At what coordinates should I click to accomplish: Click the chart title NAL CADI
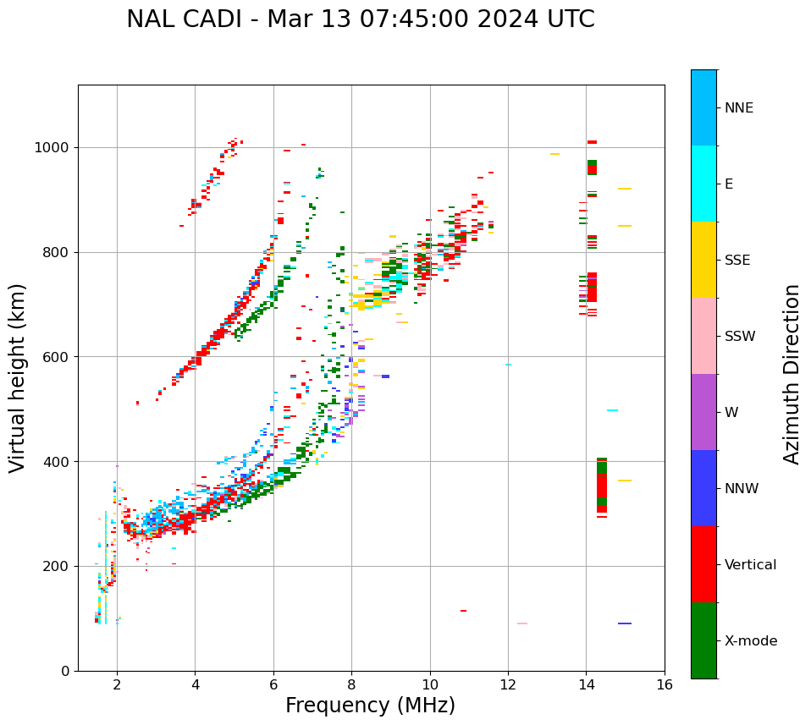[x=360, y=19]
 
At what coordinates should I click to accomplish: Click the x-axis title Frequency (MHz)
[x=370, y=706]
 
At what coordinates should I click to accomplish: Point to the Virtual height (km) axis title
[x=18, y=377]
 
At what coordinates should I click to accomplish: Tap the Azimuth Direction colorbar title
[x=792, y=374]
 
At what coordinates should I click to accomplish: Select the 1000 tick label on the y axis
[x=52, y=147]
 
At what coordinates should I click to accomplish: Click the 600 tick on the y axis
[x=56, y=357]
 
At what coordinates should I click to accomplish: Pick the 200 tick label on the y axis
[x=56, y=566]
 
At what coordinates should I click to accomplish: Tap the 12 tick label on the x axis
[x=508, y=684]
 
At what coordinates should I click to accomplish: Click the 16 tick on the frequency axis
[x=665, y=684]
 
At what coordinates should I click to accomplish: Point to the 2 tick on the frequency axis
[x=117, y=684]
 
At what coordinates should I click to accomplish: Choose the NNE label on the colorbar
[x=738, y=108]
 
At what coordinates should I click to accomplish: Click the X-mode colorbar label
[x=750, y=641]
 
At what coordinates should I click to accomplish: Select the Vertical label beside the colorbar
[x=750, y=565]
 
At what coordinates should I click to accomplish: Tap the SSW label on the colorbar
[x=740, y=337]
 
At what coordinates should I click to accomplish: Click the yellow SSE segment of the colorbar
[x=703, y=260]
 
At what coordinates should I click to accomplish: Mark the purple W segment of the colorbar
[x=703, y=412]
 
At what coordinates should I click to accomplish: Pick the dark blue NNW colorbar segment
[x=703, y=488]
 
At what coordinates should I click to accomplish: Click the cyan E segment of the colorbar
[x=703, y=184]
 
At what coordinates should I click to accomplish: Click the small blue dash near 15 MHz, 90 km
[x=625, y=623]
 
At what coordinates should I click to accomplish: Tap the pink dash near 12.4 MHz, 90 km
[x=522, y=623]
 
